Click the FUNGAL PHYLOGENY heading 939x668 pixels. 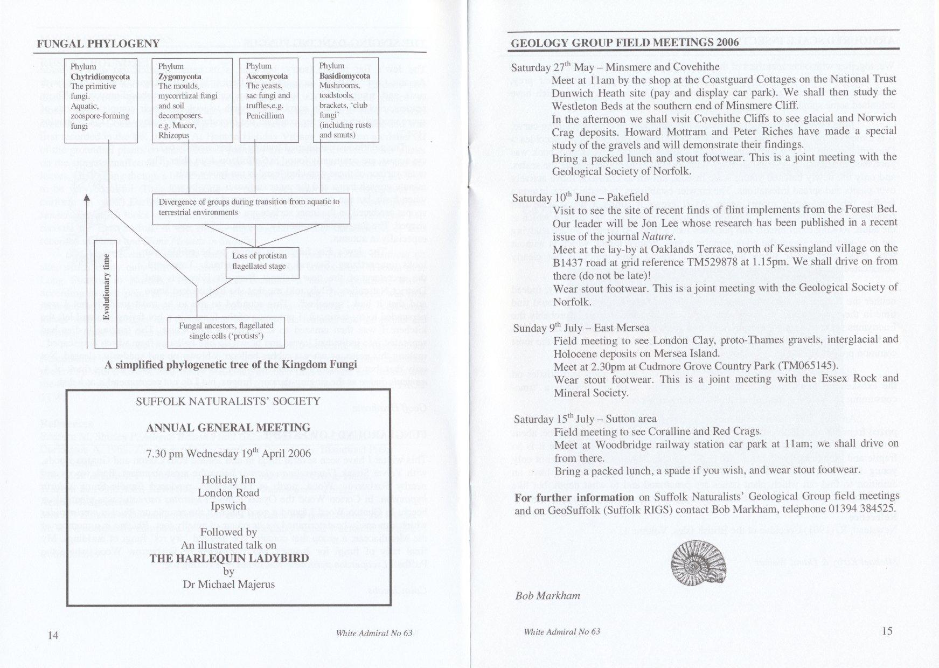(x=98, y=44)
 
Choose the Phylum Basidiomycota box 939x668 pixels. (x=345, y=100)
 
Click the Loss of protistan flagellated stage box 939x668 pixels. (x=259, y=261)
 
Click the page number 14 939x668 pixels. (x=53, y=635)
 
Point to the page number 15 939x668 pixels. (x=887, y=631)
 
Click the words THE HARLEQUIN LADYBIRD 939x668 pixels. (x=229, y=558)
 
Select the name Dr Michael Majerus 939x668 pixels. (x=229, y=584)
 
